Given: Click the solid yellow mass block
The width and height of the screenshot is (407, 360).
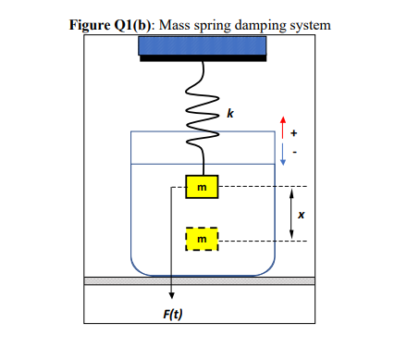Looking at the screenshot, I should [x=202, y=188].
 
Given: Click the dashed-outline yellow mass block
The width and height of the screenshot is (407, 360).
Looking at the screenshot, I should [x=202, y=240].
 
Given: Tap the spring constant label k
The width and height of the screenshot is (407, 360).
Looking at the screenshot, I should [x=231, y=114].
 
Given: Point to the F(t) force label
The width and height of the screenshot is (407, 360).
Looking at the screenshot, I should [x=172, y=314].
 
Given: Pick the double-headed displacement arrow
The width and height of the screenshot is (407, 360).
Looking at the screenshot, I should [x=292, y=214].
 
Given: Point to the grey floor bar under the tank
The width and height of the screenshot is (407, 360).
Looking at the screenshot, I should [x=200, y=280].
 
